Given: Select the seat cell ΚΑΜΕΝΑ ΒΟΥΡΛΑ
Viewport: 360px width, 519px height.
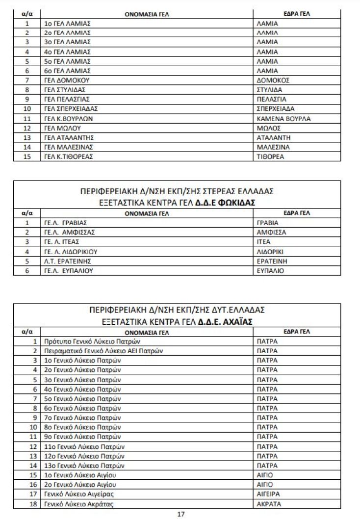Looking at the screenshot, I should pyautogui.click(x=283, y=119).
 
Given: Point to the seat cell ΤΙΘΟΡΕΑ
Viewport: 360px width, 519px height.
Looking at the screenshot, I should pyautogui.click(x=270, y=156).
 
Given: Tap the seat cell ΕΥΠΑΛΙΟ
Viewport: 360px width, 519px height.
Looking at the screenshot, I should pyautogui.click(x=270, y=270).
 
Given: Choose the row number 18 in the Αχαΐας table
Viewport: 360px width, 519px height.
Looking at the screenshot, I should pyautogui.click(x=33, y=504).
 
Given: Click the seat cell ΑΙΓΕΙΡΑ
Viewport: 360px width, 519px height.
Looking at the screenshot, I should pyautogui.click(x=269, y=494).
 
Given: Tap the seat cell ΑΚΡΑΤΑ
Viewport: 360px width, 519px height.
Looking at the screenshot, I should pyautogui.click(x=269, y=504).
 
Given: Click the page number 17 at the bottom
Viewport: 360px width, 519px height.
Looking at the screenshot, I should pyautogui.click(x=180, y=514).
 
